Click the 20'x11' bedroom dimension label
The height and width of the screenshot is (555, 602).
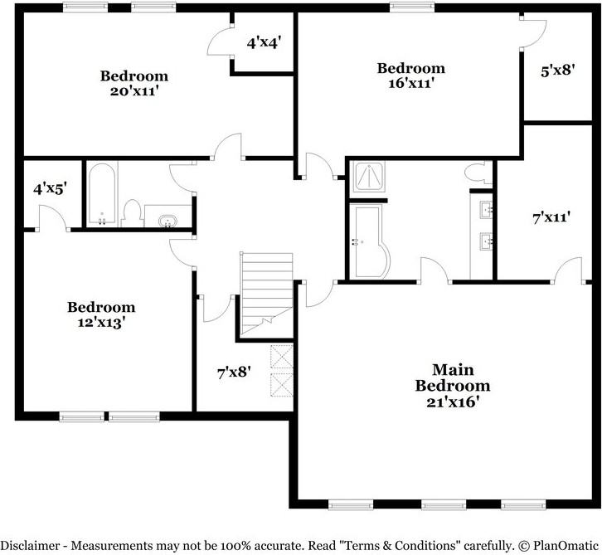pos(134,91)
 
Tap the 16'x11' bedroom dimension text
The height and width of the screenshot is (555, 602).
pos(410,83)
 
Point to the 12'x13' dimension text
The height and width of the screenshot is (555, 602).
pos(100,323)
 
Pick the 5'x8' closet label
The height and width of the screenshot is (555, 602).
pos(557,71)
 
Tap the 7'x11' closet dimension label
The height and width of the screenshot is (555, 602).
pos(551,218)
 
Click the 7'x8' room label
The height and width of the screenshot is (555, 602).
pos(234,373)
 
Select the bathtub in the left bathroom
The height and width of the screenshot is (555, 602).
pos(102,195)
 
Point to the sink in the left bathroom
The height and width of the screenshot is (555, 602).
pos(168,221)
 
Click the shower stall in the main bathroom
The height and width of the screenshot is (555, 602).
pos(367,178)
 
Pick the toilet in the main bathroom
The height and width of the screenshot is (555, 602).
pos(477,173)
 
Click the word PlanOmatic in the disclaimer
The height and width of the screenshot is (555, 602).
pos(564,545)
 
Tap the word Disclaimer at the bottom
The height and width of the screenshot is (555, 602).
pos(33,545)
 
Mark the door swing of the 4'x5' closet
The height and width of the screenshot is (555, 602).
pos(51,217)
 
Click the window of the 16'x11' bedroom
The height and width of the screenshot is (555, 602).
pos(406,7)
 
